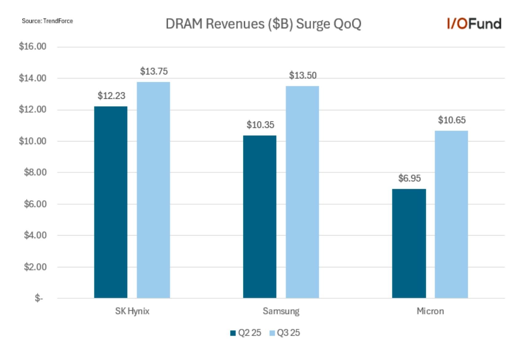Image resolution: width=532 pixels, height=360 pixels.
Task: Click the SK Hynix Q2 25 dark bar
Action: point(111,202)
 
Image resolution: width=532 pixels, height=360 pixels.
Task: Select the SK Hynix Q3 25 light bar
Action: point(153,190)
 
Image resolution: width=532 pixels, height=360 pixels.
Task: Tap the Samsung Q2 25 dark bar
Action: point(260,217)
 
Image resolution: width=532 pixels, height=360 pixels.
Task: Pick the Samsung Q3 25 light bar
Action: point(302,192)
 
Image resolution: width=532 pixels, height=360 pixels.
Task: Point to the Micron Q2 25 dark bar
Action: point(409,243)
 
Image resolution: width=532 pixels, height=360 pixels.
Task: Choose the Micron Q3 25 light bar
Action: point(451,214)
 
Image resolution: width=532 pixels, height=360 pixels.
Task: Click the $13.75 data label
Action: point(154,71)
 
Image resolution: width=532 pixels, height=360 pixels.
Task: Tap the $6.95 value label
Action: point(410,178)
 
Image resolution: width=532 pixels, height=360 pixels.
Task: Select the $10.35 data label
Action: point(260,125)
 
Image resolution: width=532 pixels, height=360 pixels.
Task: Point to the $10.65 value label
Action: point(452,120)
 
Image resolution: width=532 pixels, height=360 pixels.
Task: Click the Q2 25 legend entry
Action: point(246,333)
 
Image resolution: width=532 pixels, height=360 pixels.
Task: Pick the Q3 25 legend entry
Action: point(285,333)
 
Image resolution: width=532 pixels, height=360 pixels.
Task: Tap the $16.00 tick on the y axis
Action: point(33,46)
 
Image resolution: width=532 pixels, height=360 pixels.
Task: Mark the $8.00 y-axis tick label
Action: point(35,172)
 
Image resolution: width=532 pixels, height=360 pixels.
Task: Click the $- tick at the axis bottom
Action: point(39,298)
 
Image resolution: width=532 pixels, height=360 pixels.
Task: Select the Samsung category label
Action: point(281,311)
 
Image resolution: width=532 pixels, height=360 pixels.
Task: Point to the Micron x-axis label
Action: point(430,311)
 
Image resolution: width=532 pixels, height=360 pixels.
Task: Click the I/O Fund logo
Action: point(474,24)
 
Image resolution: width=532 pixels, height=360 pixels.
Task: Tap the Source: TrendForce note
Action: point(47,21)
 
